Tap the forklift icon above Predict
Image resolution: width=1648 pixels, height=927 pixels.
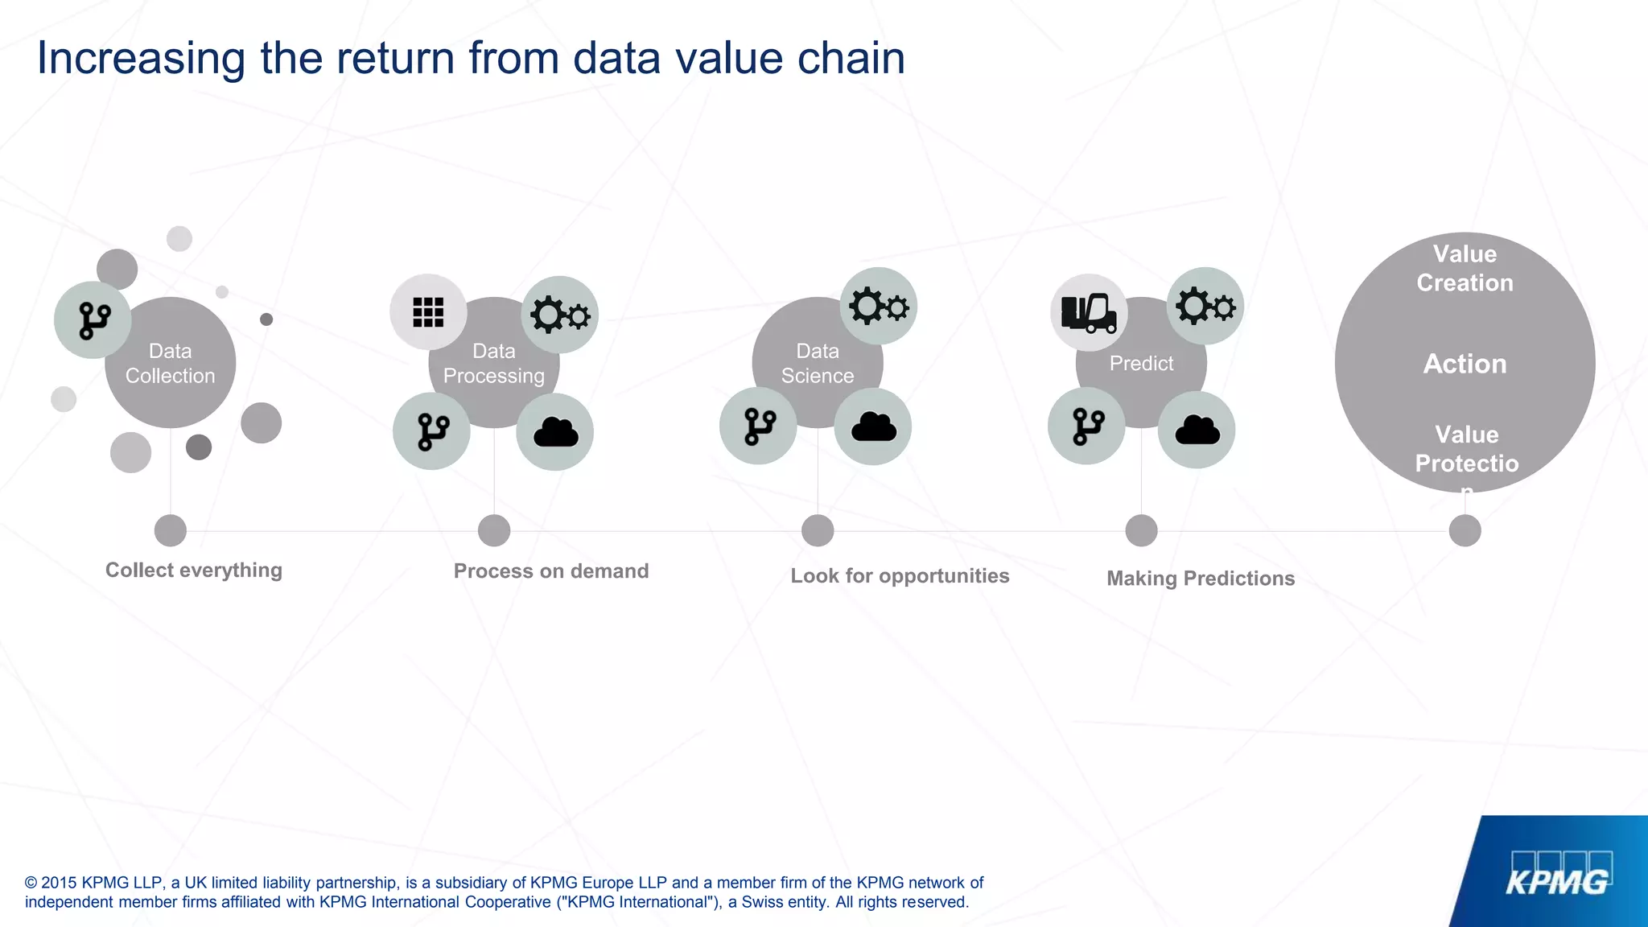(x=1089, y=312)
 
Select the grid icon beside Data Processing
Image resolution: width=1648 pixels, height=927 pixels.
(x=428, y=312)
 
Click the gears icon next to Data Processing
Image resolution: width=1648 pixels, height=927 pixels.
(x=560, y=315)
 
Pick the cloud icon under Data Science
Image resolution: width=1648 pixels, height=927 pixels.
(x=873, y=426)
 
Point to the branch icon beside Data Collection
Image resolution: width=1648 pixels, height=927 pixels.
(x=93, y=320)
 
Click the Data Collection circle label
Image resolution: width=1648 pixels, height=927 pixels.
(x=170, y=363)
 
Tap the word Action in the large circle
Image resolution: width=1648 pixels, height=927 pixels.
(x=1465, y=364)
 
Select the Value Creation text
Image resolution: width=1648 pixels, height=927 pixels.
(x=1465, y=268)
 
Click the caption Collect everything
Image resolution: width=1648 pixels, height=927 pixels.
(x=194, y=570)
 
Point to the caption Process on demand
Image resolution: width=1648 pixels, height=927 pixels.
(x=551, y=571)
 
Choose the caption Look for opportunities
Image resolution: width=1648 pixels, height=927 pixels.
(x=900, y=575)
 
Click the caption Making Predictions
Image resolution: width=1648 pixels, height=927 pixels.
(x=1201, y=578)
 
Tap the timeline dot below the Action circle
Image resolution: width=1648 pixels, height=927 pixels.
(x=1465, y=530)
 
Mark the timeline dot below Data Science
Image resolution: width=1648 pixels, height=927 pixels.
(x=818, y=530)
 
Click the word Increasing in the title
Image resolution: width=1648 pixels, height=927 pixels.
(x=141, y=58)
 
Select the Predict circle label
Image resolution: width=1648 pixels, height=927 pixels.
(x=1141, y=363)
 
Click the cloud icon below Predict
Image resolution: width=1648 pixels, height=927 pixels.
(x=1197, y=430)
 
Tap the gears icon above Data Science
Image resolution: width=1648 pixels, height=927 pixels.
(x=879, y=307)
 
